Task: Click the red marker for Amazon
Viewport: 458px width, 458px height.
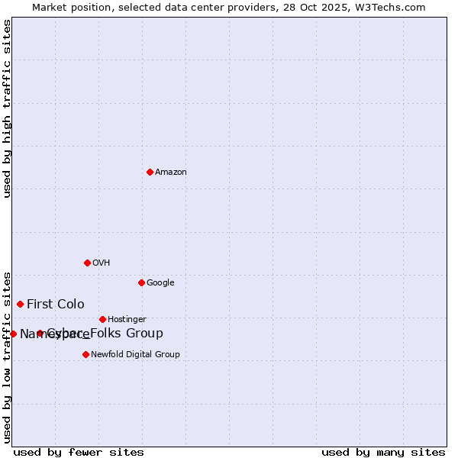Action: click(x=150, y=172)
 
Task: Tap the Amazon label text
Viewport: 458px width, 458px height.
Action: click(x=171, y=173)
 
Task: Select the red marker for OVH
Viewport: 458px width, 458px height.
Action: click(x=87, y=263)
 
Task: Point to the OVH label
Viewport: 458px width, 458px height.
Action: click(x=102, y=263)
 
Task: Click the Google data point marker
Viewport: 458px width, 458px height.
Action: click(x=141, y=282)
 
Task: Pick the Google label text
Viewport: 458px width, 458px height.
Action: click(x=160, y=283)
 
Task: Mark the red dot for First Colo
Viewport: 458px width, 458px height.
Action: click(x=20, y=304)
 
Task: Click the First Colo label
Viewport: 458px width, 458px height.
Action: click(x=56, y=305)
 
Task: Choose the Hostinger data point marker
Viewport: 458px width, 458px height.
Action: click(x=102, y=319)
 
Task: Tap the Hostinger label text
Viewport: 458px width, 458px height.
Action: click(x=127, y=320)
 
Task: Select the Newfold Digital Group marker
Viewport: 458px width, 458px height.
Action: click(x=85, y=354)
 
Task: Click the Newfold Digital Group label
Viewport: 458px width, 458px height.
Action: click(x=135, y=355)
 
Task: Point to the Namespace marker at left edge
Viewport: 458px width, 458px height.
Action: click(x=13, y=334)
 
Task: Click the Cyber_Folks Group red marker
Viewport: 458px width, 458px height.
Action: click(x=40, y=334)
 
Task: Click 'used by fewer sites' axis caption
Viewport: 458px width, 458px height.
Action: click(x=79, y=452)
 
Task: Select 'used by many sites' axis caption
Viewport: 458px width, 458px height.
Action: click(x=383, y=452)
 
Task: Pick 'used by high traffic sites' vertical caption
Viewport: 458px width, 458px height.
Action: click(x=8, y=108)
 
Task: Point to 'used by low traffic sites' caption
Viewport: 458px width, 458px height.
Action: click(x=8, y=356)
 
